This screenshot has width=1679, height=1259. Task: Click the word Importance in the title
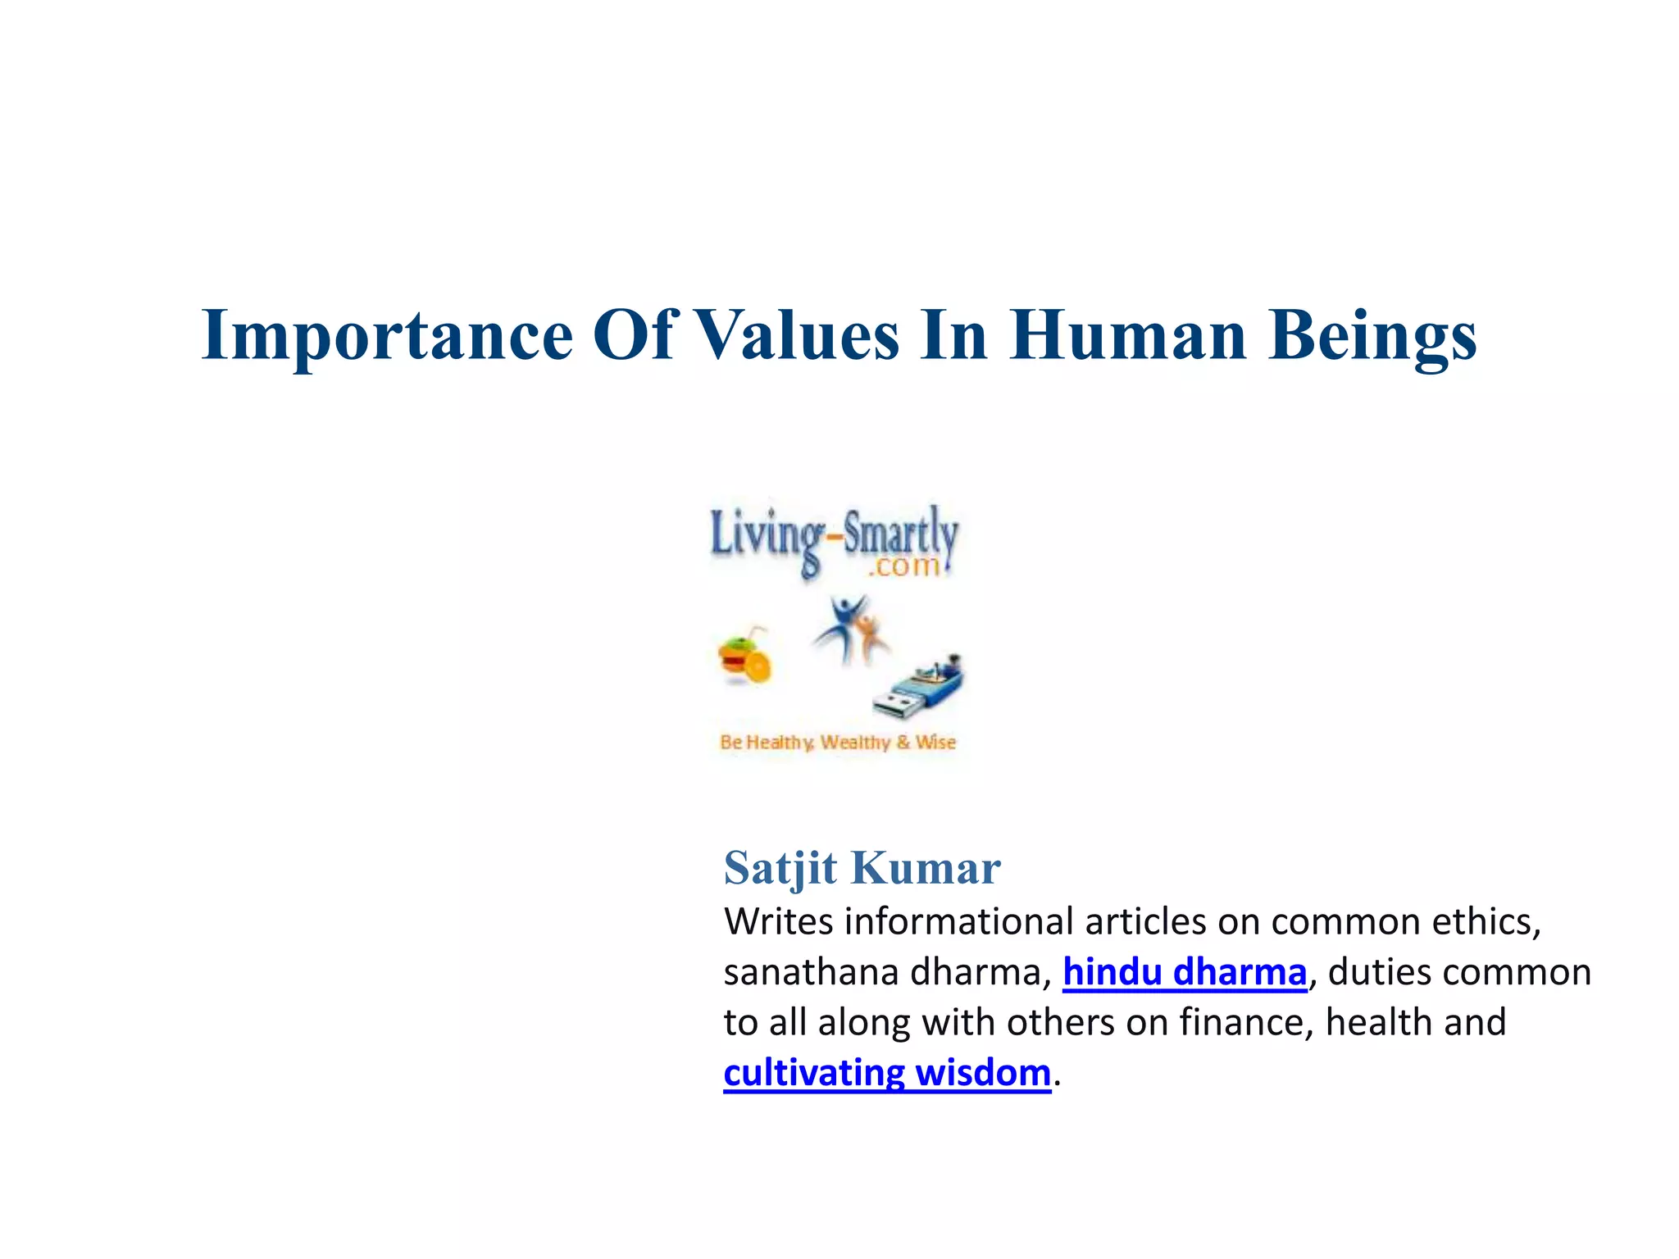(x=386, y=336)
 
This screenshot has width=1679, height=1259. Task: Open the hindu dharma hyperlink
(x=1184, y=973)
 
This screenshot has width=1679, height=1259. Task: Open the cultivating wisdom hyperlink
(x=886, y=1073)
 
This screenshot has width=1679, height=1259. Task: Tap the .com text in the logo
(x=903, y=566)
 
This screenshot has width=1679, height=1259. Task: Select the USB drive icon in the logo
(x=919, y=685)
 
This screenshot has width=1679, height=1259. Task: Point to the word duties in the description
(x=1378, y=973)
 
